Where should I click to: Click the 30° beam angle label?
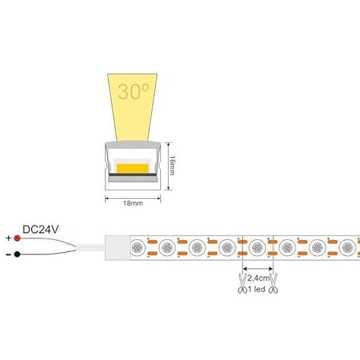click(134, 91)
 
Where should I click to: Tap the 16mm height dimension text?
click(172, 166)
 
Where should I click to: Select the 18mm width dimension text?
click(133, 203)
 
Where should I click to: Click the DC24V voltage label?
click(40, 229)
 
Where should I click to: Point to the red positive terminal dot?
click(17, 238)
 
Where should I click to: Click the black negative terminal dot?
click(17, 254)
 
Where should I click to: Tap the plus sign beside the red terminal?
click(9, 238)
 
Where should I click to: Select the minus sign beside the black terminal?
click(8, 254)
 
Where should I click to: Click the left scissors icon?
click(242, 283)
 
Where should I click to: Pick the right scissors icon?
click(273, 283)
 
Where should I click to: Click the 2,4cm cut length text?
click(258, 278)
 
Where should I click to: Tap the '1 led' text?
click(257, 289)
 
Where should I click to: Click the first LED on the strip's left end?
click(137, 248)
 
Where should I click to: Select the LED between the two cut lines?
click(257, 248)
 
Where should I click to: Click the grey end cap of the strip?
click(118, 248)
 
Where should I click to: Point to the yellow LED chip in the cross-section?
click(132, 169)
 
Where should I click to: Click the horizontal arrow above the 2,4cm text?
click(257, 268)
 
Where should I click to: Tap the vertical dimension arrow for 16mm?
click(168, 166)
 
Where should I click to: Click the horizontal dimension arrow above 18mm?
click(133, 198)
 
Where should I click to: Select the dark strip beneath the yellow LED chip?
click(132, 175)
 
